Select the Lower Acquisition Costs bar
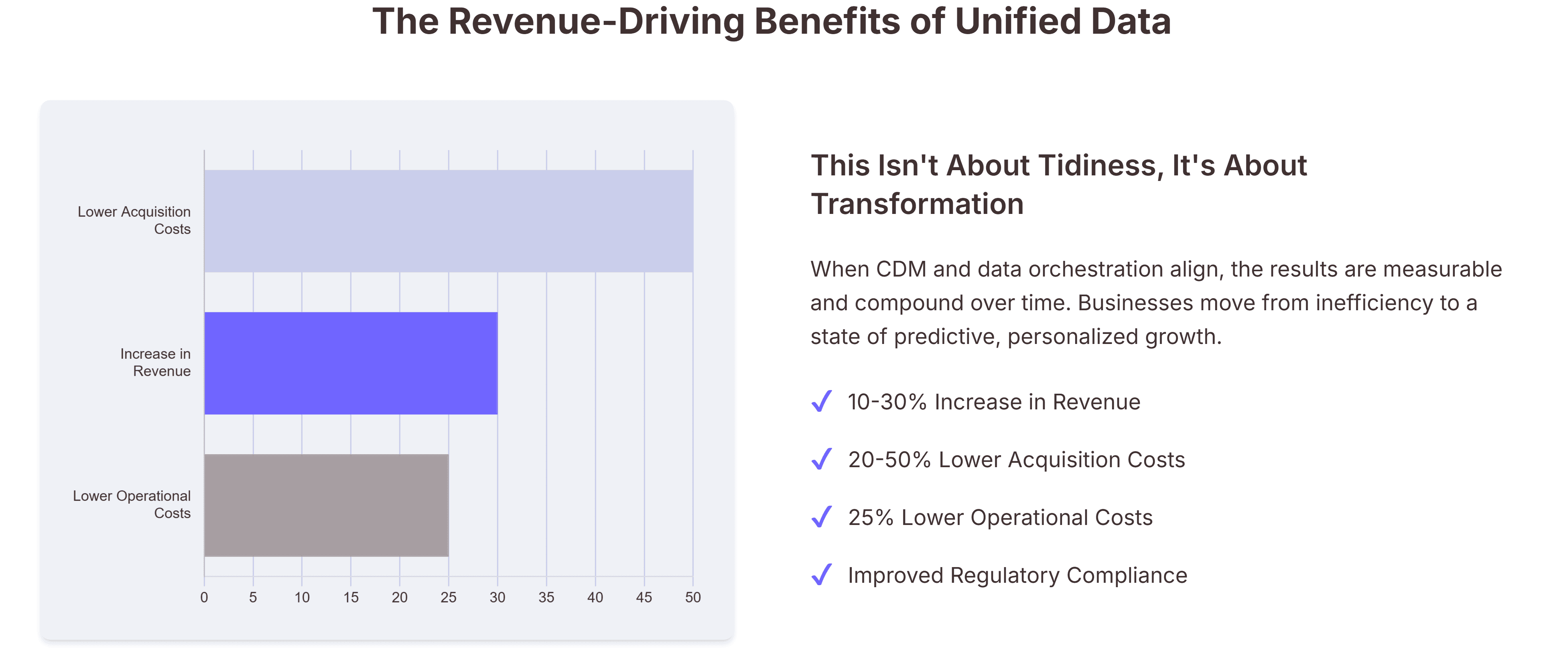[x=448, y=221]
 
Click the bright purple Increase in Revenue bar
[x=350, y=363]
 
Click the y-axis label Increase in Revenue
[x=155, y=362]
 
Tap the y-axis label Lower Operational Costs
[x=132, y=505]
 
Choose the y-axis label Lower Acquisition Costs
[x=134, y=220]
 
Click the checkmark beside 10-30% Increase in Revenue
[x=821, y=401]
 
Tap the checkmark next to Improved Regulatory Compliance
[x=821, y=575]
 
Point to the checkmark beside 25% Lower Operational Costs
[x=821, y=517]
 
